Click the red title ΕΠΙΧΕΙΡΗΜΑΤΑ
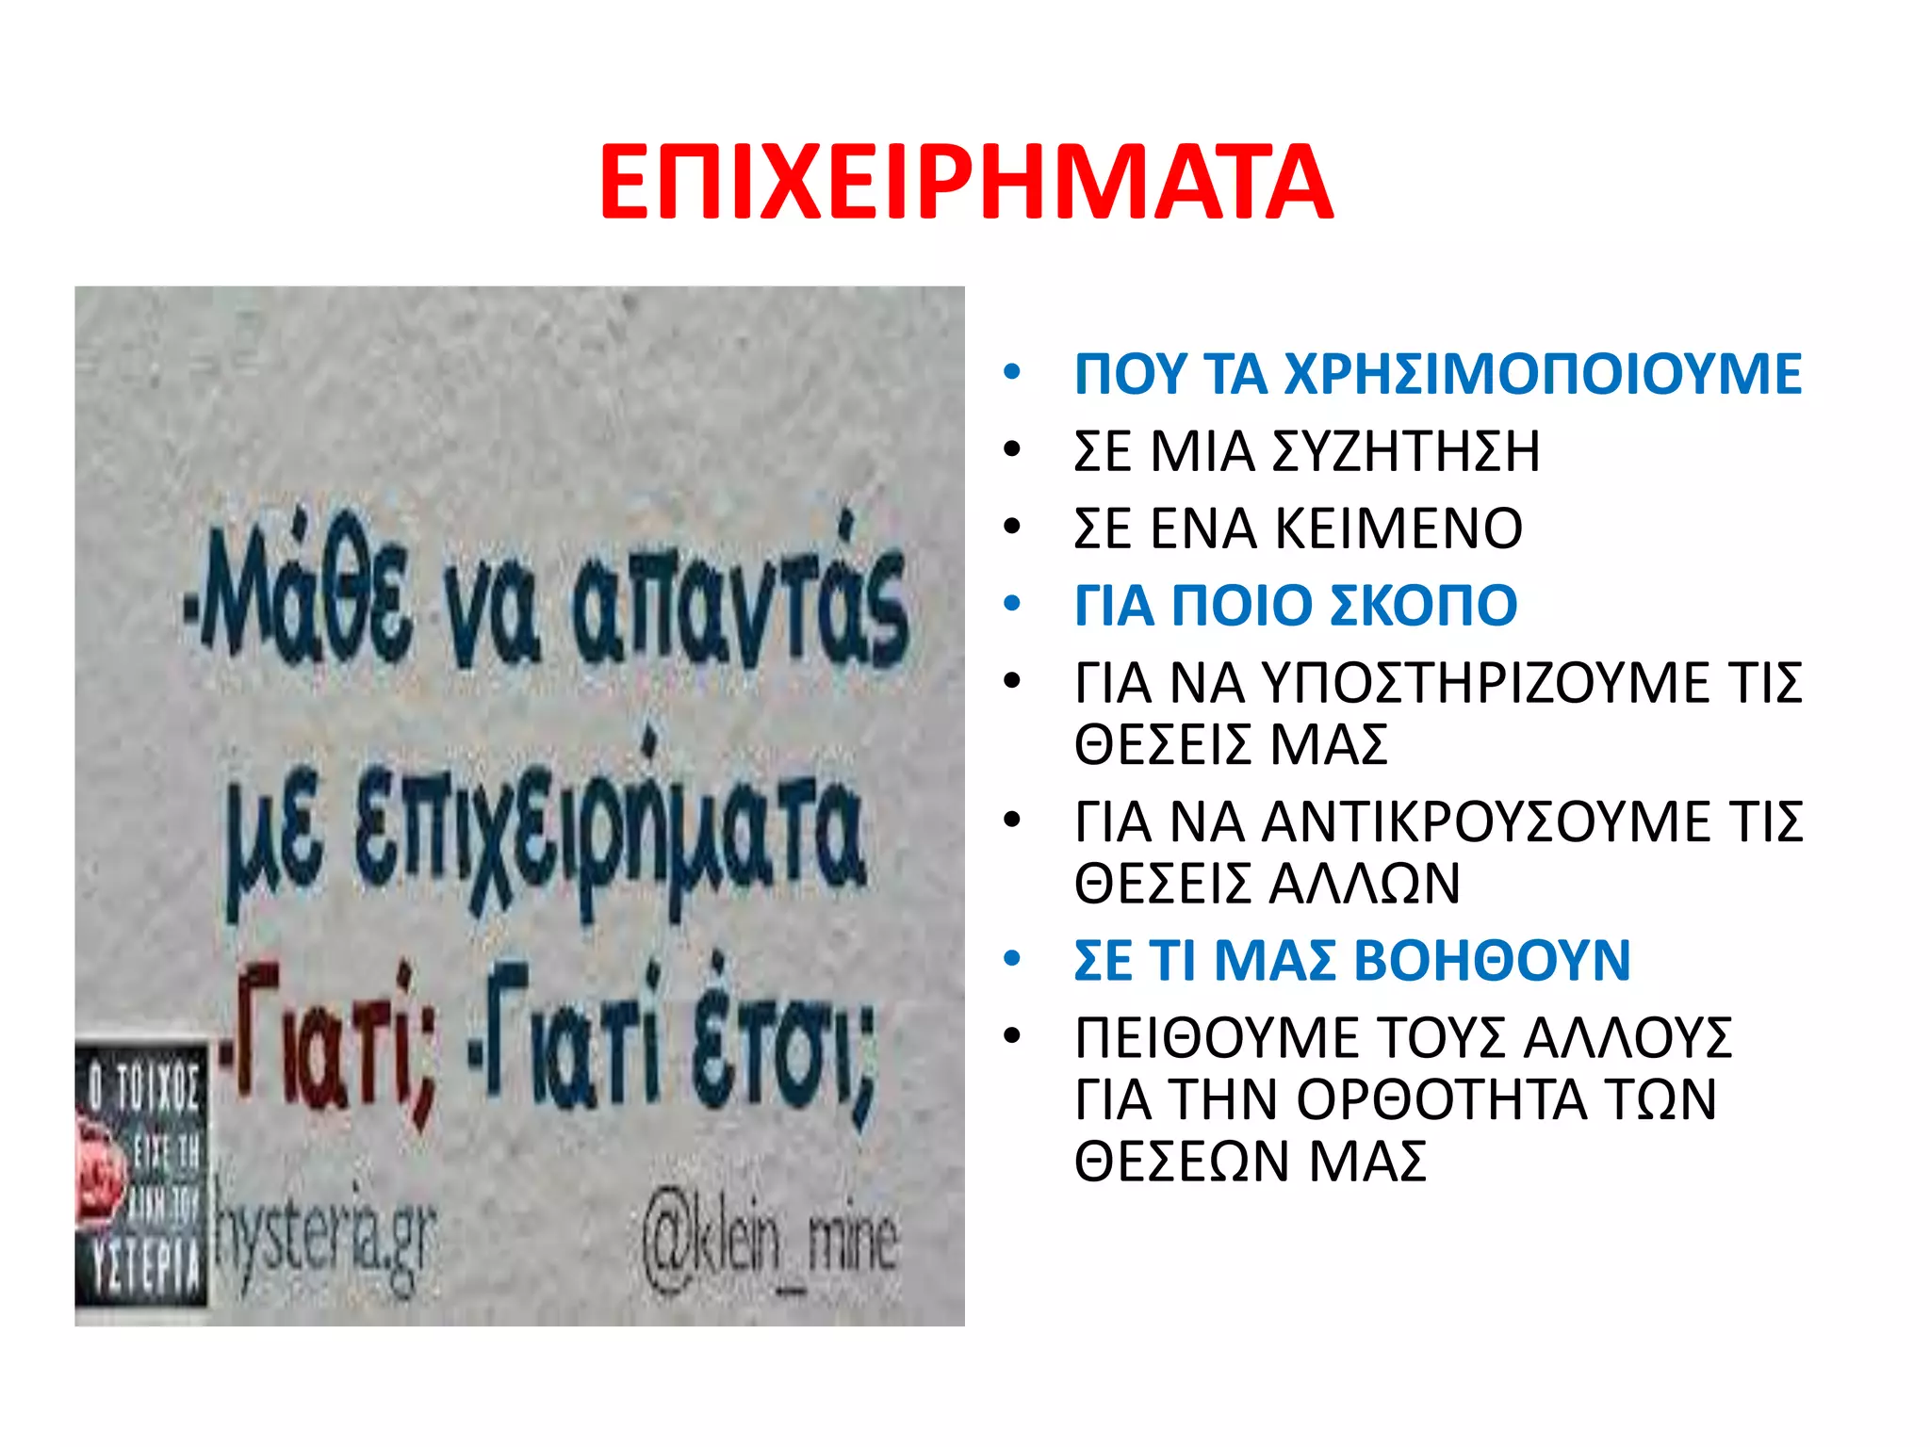point(965,183)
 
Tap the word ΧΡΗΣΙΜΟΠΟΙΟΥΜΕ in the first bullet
point(1543,374)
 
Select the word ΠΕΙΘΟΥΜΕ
point(1217,1038)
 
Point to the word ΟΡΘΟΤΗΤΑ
point(1442,1099)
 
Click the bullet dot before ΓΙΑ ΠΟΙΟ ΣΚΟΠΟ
point(1012,604)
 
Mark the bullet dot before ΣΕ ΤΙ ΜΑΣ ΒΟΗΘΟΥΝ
point(1012,960)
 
